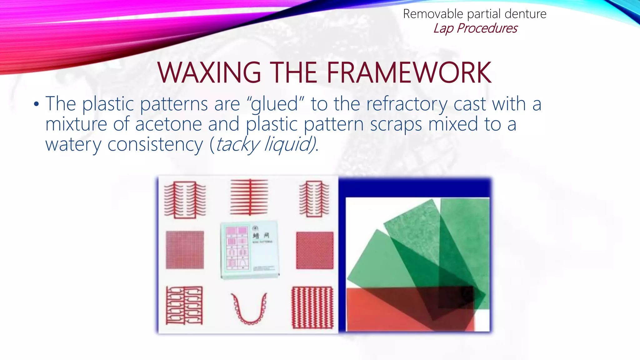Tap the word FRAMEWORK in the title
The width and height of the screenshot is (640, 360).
tap(409, 72)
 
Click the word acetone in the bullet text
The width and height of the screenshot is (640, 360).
tap(168, 124)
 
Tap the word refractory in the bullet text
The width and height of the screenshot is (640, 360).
tap(407, 104)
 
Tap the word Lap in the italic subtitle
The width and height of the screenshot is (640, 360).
tap(443, 28)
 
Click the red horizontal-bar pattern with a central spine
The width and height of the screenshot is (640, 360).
tap(249, 197)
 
